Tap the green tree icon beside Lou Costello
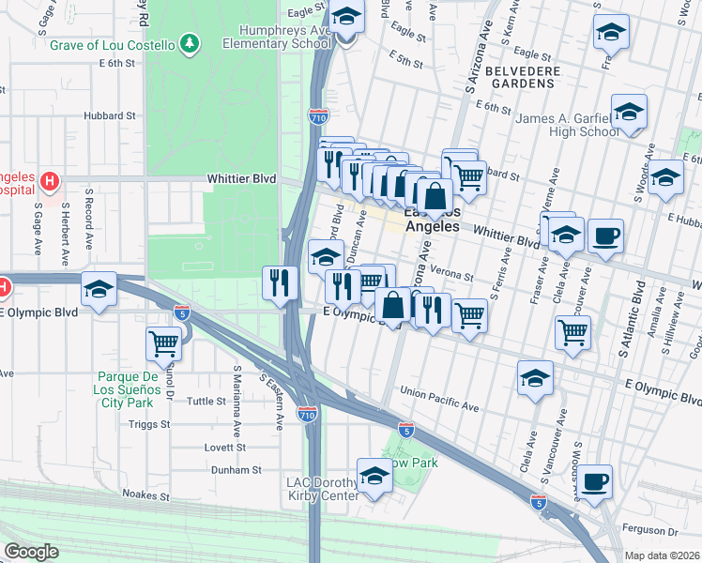[x=191, y=43]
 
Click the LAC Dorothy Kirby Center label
[x=323, y=489]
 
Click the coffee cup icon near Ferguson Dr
[x=594, y=483]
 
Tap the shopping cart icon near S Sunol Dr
[x=164, y=343]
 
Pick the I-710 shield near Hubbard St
[x=317, y=115]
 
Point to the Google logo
[x=31, y=551]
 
